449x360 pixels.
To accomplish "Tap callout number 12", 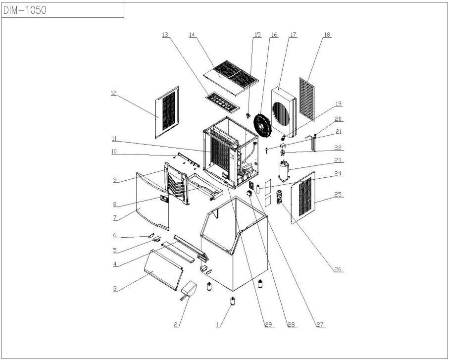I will [114, 92].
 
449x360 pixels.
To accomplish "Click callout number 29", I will [268, 324].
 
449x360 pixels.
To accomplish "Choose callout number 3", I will [115, 288].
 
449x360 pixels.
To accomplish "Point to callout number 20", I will [339, 119].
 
